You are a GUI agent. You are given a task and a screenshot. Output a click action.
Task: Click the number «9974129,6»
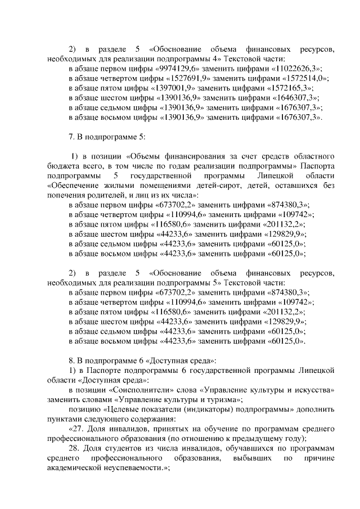click(x=181, y=69)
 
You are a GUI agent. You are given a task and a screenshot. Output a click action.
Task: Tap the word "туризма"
click(x=223, y=400)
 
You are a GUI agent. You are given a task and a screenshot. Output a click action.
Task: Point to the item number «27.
click(x=75, y=429)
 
